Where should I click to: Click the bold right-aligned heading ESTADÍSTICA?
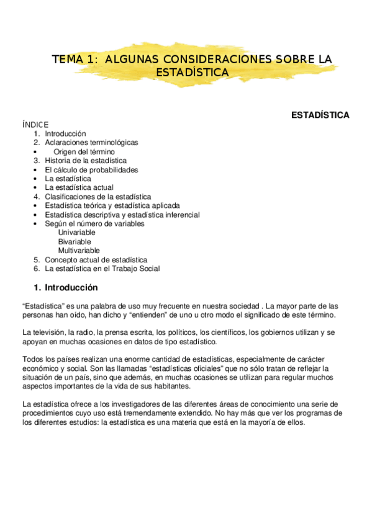coord(320,115)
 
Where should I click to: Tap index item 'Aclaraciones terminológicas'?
coord(91,143)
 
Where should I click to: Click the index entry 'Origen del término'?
coord(84,151)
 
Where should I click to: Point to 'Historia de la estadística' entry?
coord(86,161)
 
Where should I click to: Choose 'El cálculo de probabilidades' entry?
coord(91,169)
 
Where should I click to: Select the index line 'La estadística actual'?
coord(79,187)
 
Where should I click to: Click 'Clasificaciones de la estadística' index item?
coord(98,197)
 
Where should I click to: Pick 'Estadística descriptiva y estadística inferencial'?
coord(122,215)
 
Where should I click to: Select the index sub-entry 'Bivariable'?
coord(75,241)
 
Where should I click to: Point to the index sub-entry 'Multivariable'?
coord(79,251)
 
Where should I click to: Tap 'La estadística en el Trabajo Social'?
coord(102,269)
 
